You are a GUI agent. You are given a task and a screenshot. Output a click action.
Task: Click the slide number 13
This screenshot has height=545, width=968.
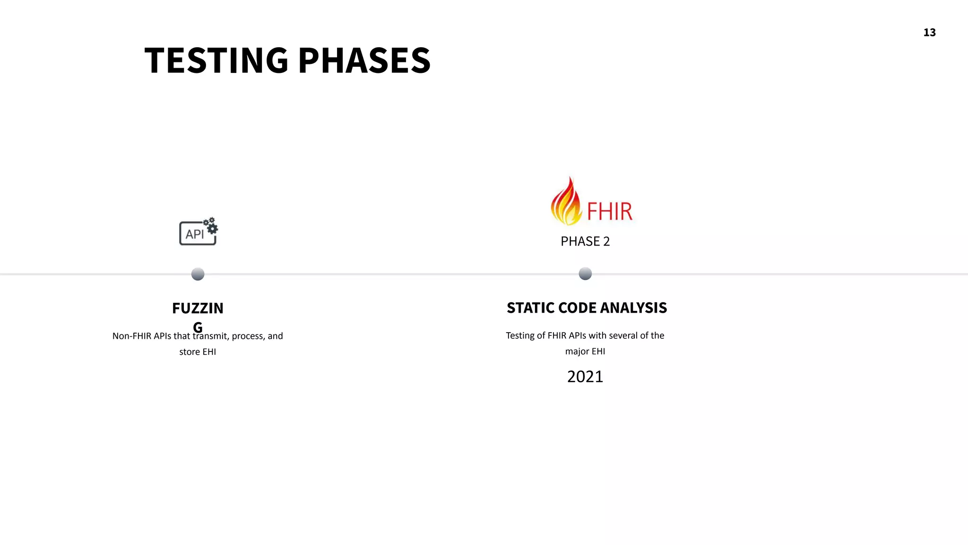[x=929, y=33]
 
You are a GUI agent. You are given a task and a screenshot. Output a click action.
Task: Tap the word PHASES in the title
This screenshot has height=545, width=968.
[x=364, y=61]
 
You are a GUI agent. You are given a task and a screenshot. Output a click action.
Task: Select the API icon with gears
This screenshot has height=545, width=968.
[x=199, y=232]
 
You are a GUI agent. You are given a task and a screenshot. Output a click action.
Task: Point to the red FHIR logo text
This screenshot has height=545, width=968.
[x=609, y=211]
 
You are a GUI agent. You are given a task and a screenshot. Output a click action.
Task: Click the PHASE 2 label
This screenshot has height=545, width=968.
[x=585, y=242]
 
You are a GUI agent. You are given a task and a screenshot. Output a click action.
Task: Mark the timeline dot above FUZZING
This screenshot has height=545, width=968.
[x=198, y=274]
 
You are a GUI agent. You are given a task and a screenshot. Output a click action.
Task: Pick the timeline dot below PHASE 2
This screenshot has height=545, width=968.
[x=585, y=273]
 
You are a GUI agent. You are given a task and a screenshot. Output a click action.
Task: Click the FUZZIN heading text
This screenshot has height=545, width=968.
[x=198, y=308]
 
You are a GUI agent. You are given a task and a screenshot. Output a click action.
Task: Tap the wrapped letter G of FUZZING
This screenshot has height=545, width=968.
[x=198, y=327]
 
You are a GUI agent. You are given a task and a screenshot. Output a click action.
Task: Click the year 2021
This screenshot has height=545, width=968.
[x=585, y=377]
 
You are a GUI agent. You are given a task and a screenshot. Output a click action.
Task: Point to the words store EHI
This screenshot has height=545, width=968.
[x=198, y=352]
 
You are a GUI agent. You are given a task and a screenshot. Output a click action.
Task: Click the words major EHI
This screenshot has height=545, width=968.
[x=585, y=352]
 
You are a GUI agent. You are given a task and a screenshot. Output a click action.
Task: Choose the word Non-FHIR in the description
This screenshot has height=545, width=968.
[x=131, y=336]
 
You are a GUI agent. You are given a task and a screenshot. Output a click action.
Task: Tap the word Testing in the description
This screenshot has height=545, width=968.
[x=520, y=336]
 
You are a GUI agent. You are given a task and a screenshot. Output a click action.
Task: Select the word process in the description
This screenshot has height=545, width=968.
[x=247, y=336]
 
